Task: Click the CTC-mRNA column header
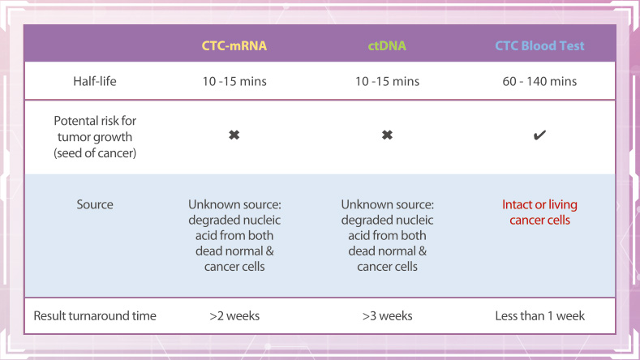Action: tap(234, 45)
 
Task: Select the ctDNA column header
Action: tap(387, 45)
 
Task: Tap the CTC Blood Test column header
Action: tap(539, 45)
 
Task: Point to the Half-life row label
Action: tap(95, 81)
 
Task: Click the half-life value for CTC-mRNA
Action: tap(234, 81)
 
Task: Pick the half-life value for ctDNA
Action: tap(387, 81)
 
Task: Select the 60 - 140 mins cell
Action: tap(539, 81)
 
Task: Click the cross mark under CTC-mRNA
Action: tap(234, 135)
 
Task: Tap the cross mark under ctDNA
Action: tap(387, 135)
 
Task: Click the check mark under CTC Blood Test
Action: tap(539, 135)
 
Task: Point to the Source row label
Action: tap(95, 204)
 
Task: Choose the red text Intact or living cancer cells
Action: tap(539, 212)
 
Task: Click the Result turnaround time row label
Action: tap(95, 315)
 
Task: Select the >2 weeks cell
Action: tap(234, 315)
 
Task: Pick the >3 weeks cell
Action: tap(387, 315)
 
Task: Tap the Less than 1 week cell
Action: tap(539, 315)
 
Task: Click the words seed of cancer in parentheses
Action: tap(95, 153)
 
